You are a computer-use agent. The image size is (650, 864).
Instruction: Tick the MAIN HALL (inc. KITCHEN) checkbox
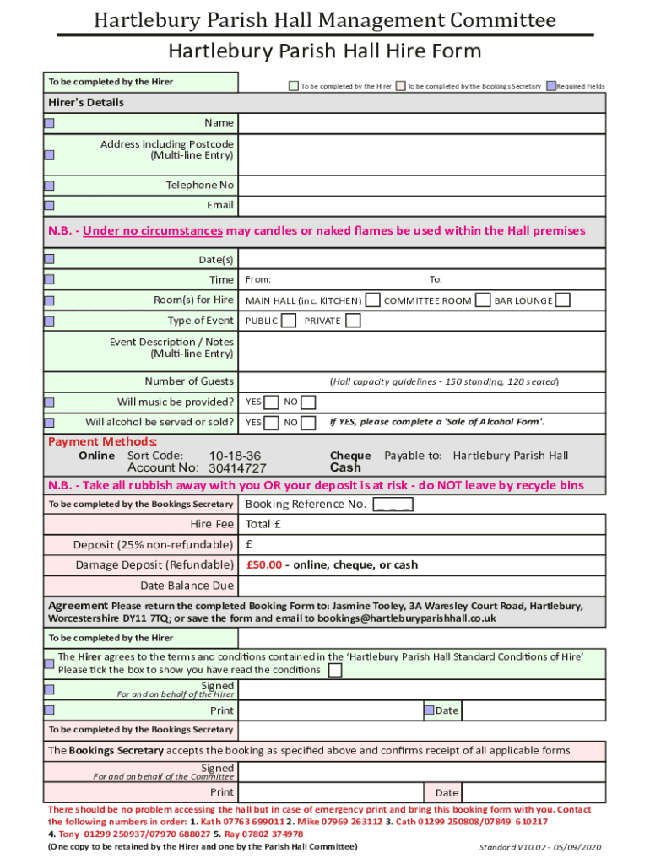point(371,300)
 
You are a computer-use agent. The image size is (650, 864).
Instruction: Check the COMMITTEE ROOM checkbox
point(483,300)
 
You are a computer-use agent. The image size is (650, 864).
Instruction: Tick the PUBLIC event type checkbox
point(289,321)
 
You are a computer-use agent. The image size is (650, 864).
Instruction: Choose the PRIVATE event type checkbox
point(353,321)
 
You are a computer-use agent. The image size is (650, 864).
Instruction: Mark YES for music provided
point(272,402)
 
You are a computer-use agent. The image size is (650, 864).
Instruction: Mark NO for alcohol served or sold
point(309,423)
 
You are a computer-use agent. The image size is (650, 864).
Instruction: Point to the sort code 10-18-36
point(235,456)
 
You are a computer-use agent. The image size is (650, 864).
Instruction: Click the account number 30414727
point(237,468)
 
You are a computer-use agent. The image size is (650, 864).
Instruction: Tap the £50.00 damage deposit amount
point(263,565)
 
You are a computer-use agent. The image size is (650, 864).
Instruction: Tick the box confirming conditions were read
point(335,671)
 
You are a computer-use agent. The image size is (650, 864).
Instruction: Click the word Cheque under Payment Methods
point(350,456)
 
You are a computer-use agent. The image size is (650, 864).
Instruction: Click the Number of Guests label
point(189,381)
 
